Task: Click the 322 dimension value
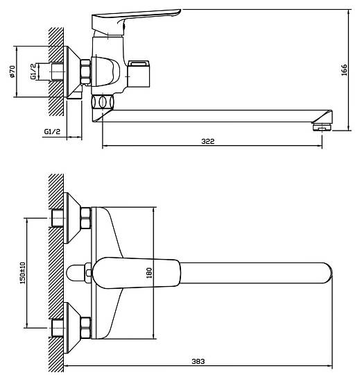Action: (x=208, y=142)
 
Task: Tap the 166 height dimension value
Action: (x=344, y=70)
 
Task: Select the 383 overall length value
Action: (x=198, y=361)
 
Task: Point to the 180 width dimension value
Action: (x=149, y=273)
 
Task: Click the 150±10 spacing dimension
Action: (x=22, y=273)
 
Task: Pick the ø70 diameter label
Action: (x=12, y=72)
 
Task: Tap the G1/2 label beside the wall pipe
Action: (x=33, y=72)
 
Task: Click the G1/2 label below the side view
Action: (x=52, y=131)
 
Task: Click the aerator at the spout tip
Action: (x=322, y=127)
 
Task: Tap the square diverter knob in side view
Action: (x=139, y=74)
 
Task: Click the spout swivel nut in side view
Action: (x=102, y=102)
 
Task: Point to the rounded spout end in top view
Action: (x=328, y=273)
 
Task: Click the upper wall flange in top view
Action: (x=71, y=218)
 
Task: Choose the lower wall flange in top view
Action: (x=71, y=328)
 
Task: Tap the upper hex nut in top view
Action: (x=85, y=218)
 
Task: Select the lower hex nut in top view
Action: (x=85, y=328)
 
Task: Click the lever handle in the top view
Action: (x=136, y=273)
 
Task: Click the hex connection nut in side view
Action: (x=85, y=72)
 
